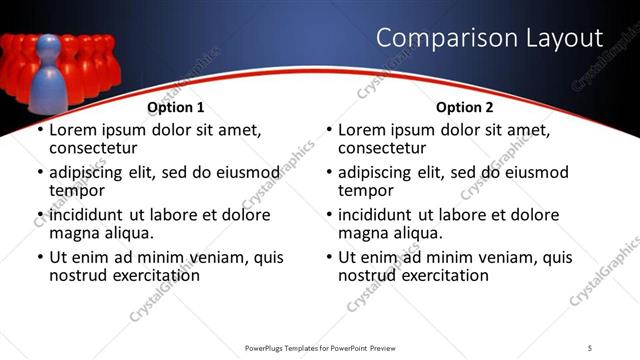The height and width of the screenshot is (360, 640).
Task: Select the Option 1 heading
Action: (x=176, y=107)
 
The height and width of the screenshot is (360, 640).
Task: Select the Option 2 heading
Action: (x=464, y=107)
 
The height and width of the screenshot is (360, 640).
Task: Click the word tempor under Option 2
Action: (x=365, y=190)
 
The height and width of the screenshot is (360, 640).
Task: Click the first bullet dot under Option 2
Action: (x=330, y=131)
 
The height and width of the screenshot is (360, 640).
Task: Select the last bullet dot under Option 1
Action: (x=41, y=258)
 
